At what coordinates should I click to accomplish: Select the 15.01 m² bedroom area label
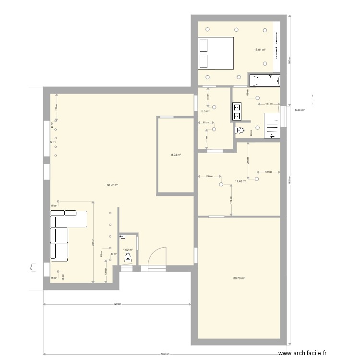click(x=260, y=50)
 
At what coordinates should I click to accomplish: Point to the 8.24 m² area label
click(x=175, y=155)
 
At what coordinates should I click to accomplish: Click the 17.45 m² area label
click(x=240, y=181)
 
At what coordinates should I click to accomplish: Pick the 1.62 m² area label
click(x=127, y=250)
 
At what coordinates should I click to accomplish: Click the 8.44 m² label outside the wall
click(x=300, y=110)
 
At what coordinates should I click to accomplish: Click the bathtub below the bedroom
click(x=264, y=80)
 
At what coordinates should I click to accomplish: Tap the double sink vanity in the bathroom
click(x=237, y=111)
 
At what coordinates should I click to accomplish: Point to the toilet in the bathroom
click(x=240, y=130)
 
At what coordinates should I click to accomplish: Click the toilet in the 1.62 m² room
click(x=128, y=258)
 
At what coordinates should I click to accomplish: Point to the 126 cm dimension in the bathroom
click(x=269, y=104)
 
